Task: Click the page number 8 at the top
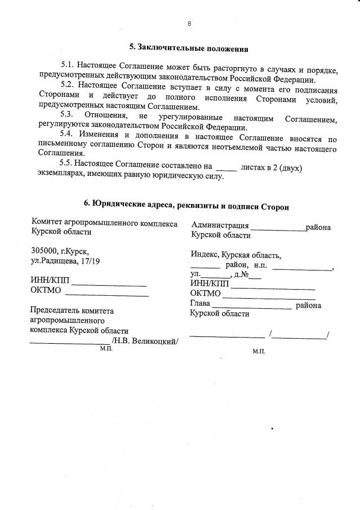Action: point(189,24)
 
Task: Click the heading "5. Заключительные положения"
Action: point(188,49)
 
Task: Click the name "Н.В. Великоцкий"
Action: point(146,341)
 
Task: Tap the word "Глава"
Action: point(200,305)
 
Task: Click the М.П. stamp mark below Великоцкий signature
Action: point(106,349)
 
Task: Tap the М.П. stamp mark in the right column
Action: point(259,351)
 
